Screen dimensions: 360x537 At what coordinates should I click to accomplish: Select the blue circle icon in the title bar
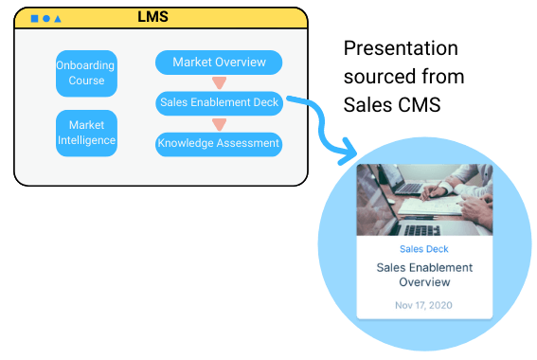pyautogui.click(x=46, y=19)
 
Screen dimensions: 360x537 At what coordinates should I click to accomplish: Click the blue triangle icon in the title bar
pyautogui.click(x=58, y=19)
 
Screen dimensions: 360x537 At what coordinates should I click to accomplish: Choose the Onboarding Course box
pyautogui.click(x=86, y=73)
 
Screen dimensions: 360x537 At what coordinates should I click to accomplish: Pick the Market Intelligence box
pyautogui.click(x=86, y=134)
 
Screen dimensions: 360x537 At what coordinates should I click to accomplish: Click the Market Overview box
pyautogui.click(x=219, y=63)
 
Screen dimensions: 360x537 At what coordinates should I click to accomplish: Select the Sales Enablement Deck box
pyautogui.click(x=219, y=103)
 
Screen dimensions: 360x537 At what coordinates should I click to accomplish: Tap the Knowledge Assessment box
pyautogui.click(x=219, y=144)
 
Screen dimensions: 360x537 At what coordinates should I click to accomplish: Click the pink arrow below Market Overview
pyautogui.click(x=219, y=83)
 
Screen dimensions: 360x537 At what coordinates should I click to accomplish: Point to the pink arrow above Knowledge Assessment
pyautogui.click(x=219, y=124)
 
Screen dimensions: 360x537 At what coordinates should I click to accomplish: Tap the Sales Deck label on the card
pyautogui.click(x=423, y=249)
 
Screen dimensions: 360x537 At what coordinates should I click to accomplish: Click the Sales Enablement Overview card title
pyautogui.click(x=423, y=275)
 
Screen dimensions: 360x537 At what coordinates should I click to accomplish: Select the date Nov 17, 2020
pyautogui.click(x=423, y=305)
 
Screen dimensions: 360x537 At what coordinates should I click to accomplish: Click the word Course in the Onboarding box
pyautogui.click(x=86, y=81)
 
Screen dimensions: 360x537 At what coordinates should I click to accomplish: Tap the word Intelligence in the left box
pyautogui.click(x=86, y=141)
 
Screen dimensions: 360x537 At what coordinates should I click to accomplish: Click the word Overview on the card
pyautogui.click(x=423, y=282)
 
